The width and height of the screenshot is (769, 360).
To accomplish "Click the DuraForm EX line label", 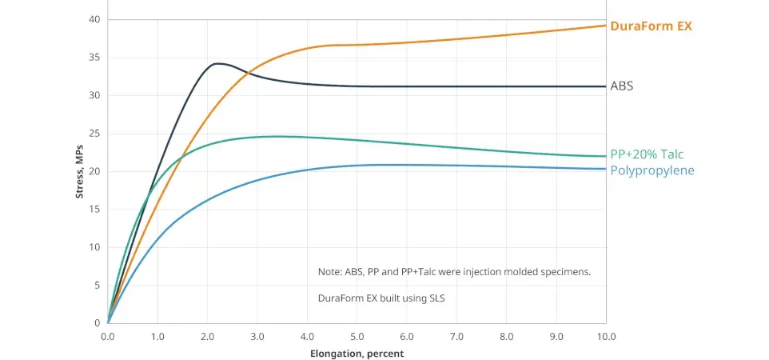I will (650, 26).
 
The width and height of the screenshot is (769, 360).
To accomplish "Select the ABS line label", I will (621, 86).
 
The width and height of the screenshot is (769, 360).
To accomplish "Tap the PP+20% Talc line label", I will (647, 154).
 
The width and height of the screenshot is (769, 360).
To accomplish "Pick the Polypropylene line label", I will (652, 170).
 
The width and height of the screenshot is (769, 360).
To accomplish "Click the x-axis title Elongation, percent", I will (357, 353).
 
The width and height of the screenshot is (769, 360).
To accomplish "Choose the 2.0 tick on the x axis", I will (207, 337).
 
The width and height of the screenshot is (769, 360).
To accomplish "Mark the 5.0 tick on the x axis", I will (357, 337).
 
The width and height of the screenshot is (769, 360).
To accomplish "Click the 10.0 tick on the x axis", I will (606, 337).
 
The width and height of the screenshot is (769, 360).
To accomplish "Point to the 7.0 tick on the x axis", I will (456, 337).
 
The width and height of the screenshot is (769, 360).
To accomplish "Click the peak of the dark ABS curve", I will (217, 63).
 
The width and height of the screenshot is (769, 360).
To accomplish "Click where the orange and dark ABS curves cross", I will (248, 74).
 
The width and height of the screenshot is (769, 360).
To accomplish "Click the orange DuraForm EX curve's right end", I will (605, 26).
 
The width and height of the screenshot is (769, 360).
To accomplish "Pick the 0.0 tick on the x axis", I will (108, 337).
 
